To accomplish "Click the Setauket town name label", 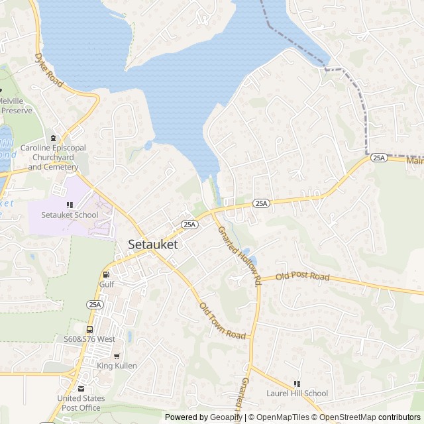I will (x=152, y=244).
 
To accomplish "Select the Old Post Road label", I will (x=303, y=276).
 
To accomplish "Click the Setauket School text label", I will (x=70, y=215).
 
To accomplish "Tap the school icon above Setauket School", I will (x=70, y=205).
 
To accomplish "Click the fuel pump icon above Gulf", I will (x=106, y=274).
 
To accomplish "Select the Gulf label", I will (x=107, y=284).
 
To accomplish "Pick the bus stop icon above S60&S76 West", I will (x=89, y=329).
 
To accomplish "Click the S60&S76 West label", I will (x=89, y=339).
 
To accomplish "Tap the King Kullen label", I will (x=117, y=366).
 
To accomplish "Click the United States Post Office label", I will (x=81, y=402).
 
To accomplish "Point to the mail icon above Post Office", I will (x=81, y=389).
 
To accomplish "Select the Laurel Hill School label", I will (x=297, y=393).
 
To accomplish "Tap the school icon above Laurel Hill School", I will (x=297, y=383).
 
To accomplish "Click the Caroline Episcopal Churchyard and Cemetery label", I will (x=54, y=158).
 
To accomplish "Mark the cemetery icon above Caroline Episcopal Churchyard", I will (x=54, y=138).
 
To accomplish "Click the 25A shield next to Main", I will (x=378, y=158).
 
